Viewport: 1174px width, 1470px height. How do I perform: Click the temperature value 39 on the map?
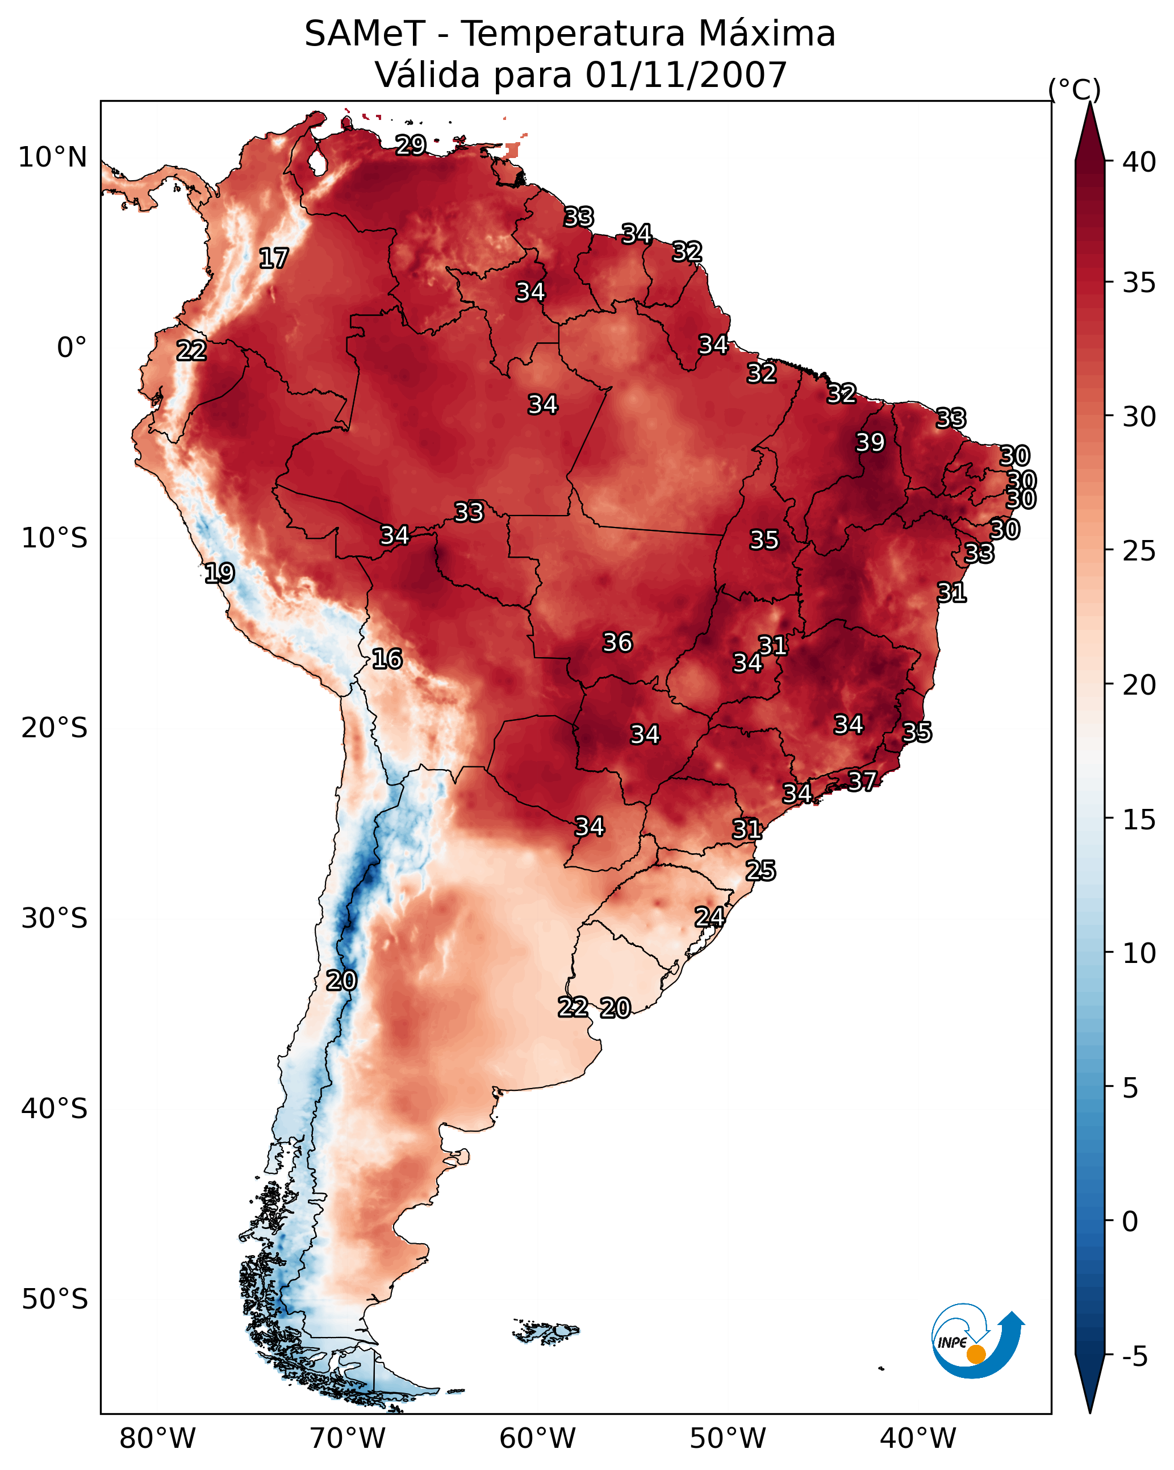pos(870,442)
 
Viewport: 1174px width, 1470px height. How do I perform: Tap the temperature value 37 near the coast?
pos(862,780)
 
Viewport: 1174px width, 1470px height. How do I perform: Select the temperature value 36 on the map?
pos(617,642)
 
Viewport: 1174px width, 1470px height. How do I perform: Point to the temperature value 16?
pos(387,659)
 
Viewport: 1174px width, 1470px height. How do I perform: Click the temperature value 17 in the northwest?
pos(274,259)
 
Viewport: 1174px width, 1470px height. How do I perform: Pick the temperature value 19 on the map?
pos(219,573)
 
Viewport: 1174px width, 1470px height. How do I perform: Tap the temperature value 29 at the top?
pos(411,145)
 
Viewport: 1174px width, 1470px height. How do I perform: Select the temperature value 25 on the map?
pos(761,871)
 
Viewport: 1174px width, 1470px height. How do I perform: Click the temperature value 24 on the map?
pos(709,916)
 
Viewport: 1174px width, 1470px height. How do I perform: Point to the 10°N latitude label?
pos(52,157)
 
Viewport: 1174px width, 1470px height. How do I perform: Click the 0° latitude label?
pos(72,348)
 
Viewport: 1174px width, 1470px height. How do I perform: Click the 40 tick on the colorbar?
pos(1139,162)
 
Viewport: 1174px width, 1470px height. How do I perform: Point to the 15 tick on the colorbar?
pos(1139,819)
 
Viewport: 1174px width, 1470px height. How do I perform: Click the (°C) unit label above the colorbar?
pos(1075,89)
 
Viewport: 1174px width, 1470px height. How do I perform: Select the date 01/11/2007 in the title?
pos(686,74)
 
